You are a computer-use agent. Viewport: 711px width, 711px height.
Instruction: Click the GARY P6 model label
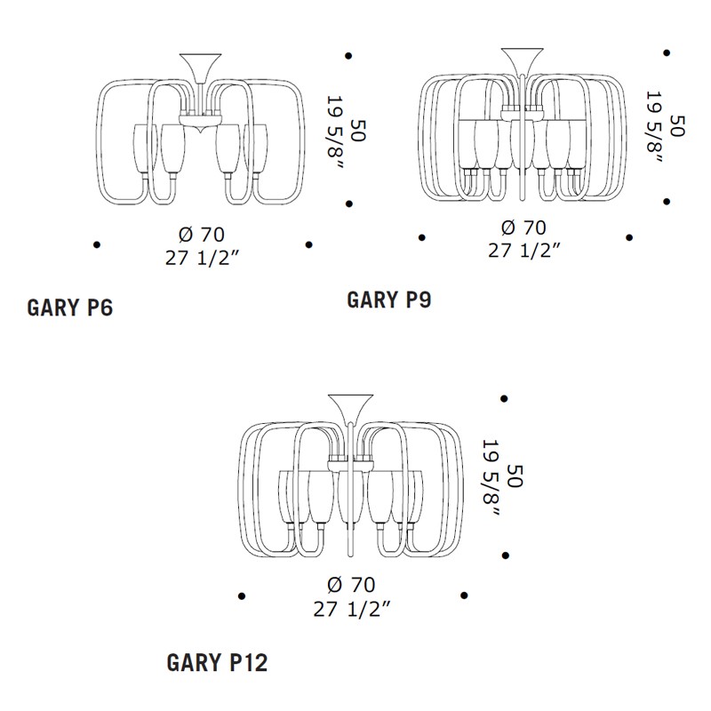click(x=70, y=308)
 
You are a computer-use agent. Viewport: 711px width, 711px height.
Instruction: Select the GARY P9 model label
click(x=389, y=300)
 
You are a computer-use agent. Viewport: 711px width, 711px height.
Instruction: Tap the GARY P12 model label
click(x=217, y=662)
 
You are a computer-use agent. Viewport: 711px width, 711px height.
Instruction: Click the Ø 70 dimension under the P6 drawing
click(x=202, y=235)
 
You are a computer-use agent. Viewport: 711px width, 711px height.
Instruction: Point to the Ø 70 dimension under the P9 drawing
click(x=523, y=228)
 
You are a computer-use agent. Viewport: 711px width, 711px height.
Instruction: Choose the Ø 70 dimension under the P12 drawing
click(x=351, y=585)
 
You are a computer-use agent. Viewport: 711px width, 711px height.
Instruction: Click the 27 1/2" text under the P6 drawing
click(x=202, y=258)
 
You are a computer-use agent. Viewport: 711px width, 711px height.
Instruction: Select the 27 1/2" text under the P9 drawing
click(x=524, y=251)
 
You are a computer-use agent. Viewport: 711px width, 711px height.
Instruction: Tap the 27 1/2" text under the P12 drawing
click(x=351, y=609)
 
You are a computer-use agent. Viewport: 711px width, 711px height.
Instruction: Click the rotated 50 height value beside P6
click(x=358, y=131)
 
